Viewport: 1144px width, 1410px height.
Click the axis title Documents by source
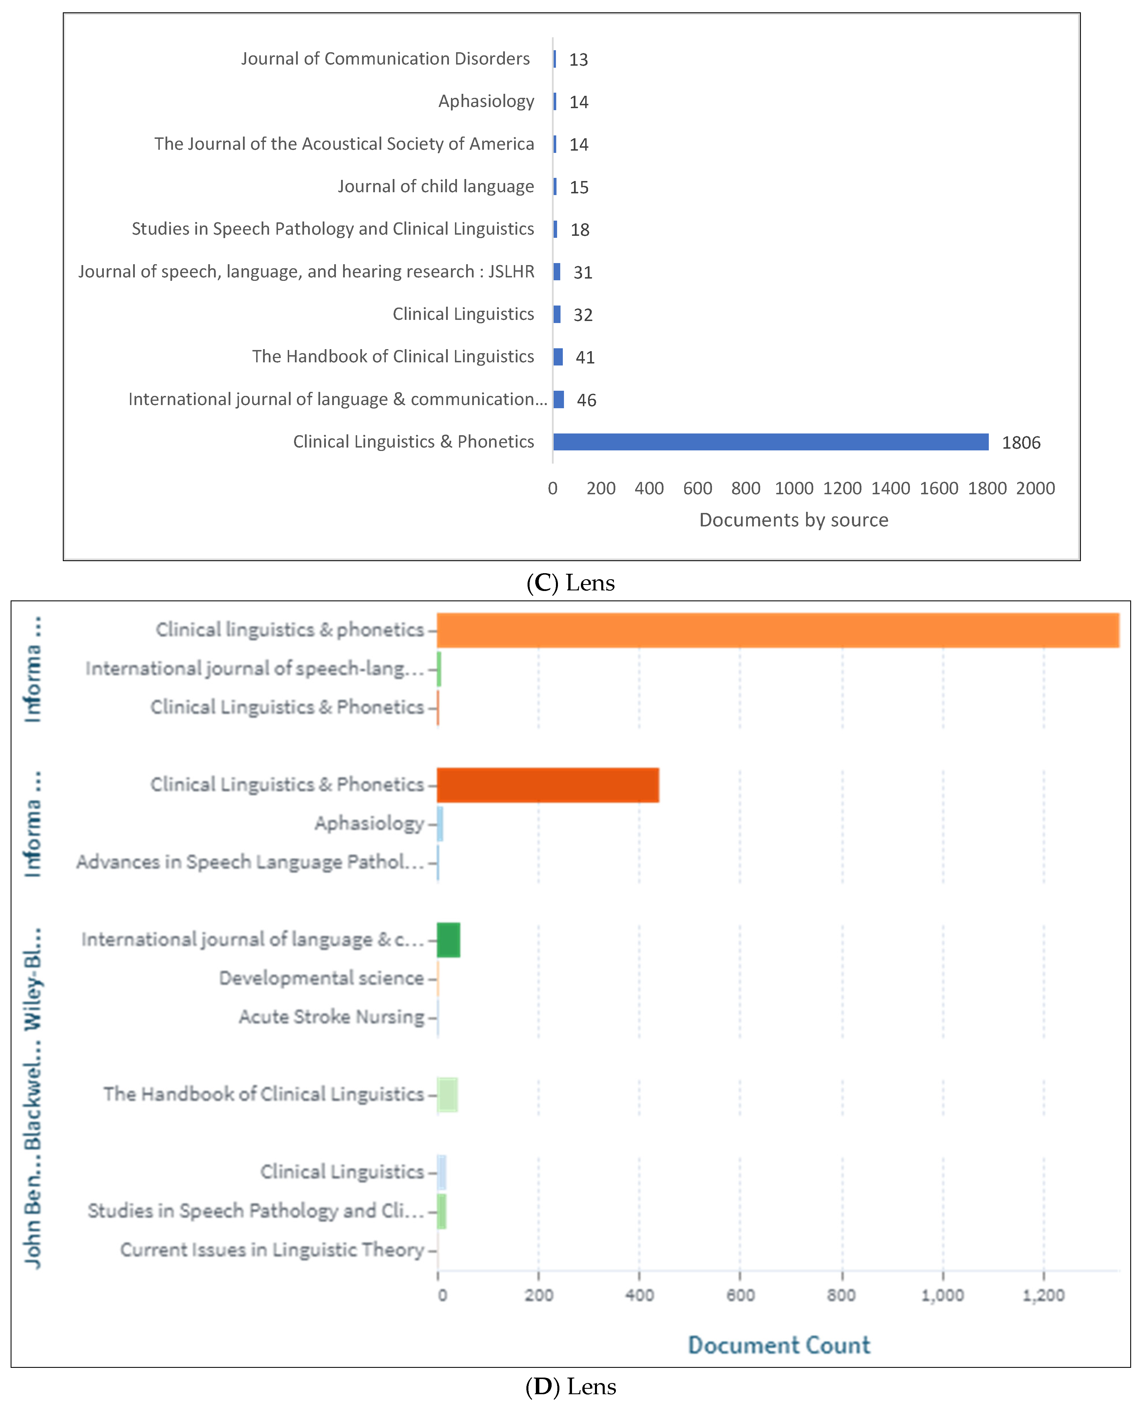(x=793, y=520)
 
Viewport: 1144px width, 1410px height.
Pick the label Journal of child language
(x=435, y=186)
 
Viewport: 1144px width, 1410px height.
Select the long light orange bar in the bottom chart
(x=778, y=630)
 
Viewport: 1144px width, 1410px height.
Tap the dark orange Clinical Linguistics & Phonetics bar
(x=548, y=785)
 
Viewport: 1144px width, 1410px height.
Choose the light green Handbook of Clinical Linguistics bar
(x=448, y=1094)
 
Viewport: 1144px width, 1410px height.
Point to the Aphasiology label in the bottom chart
(x=369, y=823)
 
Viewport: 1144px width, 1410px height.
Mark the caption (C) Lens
(x=571, y=582)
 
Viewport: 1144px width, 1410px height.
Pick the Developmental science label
(x=322, y=978)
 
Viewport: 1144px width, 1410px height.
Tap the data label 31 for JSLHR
(x=583, y=272)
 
